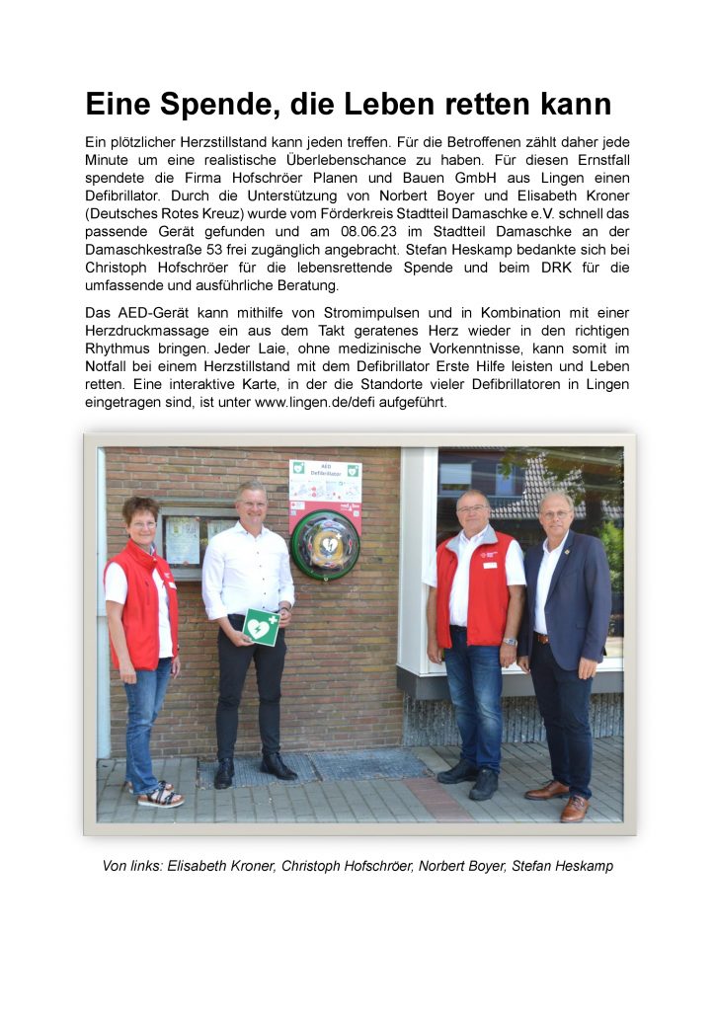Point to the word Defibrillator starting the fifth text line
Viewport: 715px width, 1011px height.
coord(127,196)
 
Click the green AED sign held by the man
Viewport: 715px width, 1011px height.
coord(261,626)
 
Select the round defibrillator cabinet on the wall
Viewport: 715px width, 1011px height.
coord(324,545)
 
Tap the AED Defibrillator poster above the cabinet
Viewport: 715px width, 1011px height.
coord(325,483)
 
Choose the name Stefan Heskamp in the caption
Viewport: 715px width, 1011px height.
coord(562,866)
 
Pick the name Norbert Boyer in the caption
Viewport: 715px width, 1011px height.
coord(461,866)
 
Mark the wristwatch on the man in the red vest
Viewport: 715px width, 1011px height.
coord(509,641)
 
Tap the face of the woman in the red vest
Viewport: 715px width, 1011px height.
coord(141,519)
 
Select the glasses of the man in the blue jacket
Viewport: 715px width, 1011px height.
coord(556,513)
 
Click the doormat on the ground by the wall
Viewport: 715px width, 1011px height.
coord(364,765)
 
